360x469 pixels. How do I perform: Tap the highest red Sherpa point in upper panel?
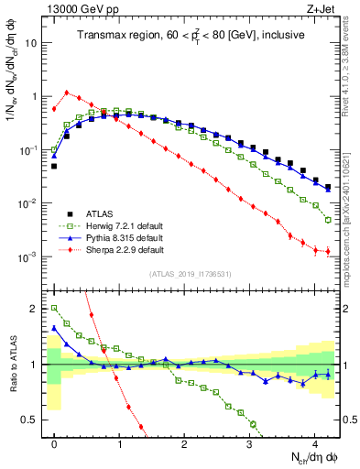click(67, 93)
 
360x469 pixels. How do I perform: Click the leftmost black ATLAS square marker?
click(54, 166)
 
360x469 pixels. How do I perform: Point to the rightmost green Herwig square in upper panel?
click(328, 220)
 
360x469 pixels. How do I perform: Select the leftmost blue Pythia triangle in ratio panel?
click(54, 327)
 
